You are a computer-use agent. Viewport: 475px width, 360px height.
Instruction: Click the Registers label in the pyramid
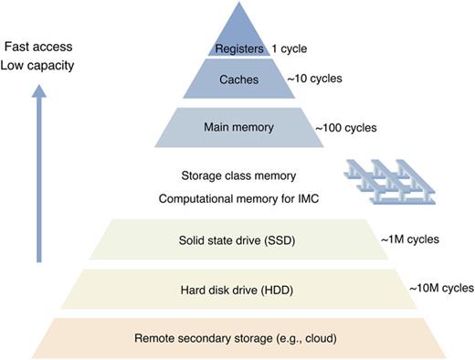[237, 49]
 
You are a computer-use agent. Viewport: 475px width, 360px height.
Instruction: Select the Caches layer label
[237, 80]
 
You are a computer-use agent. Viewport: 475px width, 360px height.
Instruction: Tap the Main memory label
[238, 127]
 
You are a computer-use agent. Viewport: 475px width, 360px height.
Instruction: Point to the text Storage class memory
[238, 175]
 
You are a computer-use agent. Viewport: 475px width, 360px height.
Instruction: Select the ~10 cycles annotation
[315, 79]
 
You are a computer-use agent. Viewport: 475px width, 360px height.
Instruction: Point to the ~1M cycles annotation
[409, 239]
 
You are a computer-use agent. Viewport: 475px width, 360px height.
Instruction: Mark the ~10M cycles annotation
[443, 288]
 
